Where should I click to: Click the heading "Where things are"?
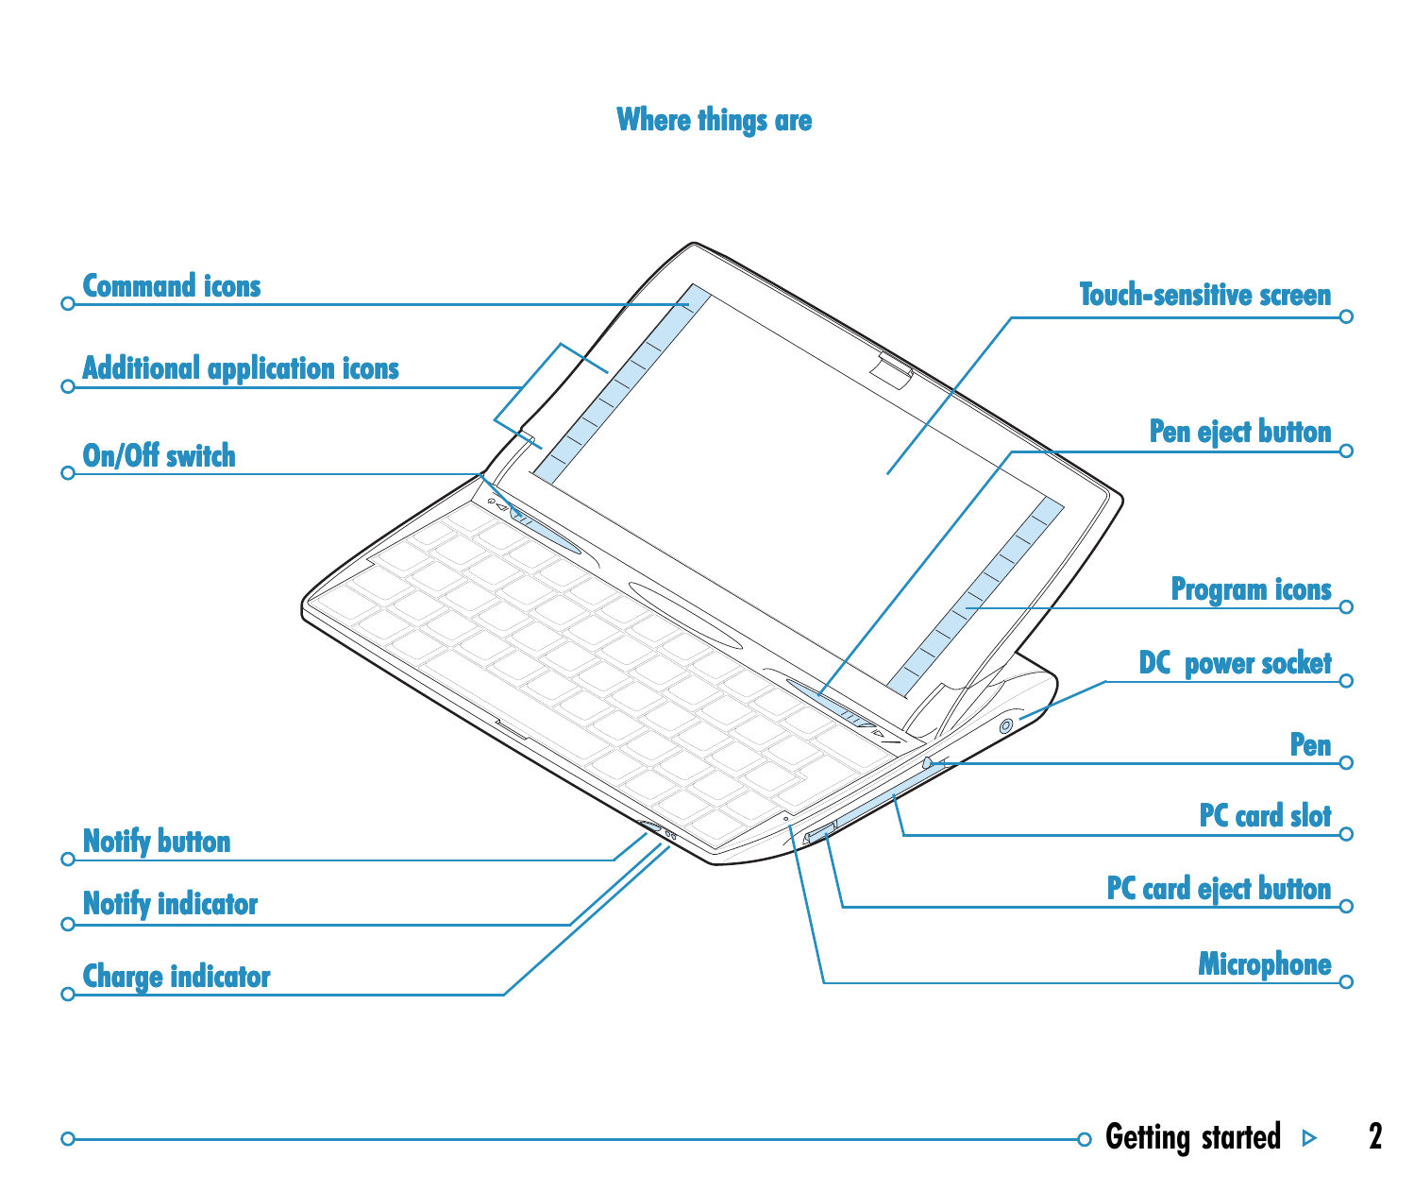[714, 121]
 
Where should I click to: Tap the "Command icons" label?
[172, 286]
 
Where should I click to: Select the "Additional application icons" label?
[241, 369]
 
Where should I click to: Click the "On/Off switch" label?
[160, 455]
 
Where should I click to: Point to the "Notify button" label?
[157, 842]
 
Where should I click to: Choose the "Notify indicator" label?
[170, 904]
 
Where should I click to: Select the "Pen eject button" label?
[1240, 432]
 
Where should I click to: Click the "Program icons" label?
[1251, 589]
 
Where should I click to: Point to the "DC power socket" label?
[1235, 663]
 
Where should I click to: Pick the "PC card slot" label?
[1265, 815]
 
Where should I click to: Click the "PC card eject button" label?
[1219, 889]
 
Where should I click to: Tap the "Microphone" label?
[1264, 964]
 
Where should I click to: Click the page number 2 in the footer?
[1375, 1136]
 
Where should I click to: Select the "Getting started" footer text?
[1192, 1138]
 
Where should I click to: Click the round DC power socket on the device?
[1005, 726]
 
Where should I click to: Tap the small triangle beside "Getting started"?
[1310, 1138]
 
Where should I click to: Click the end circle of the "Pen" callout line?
[1346, 763]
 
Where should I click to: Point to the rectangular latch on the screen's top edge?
[892, 370]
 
